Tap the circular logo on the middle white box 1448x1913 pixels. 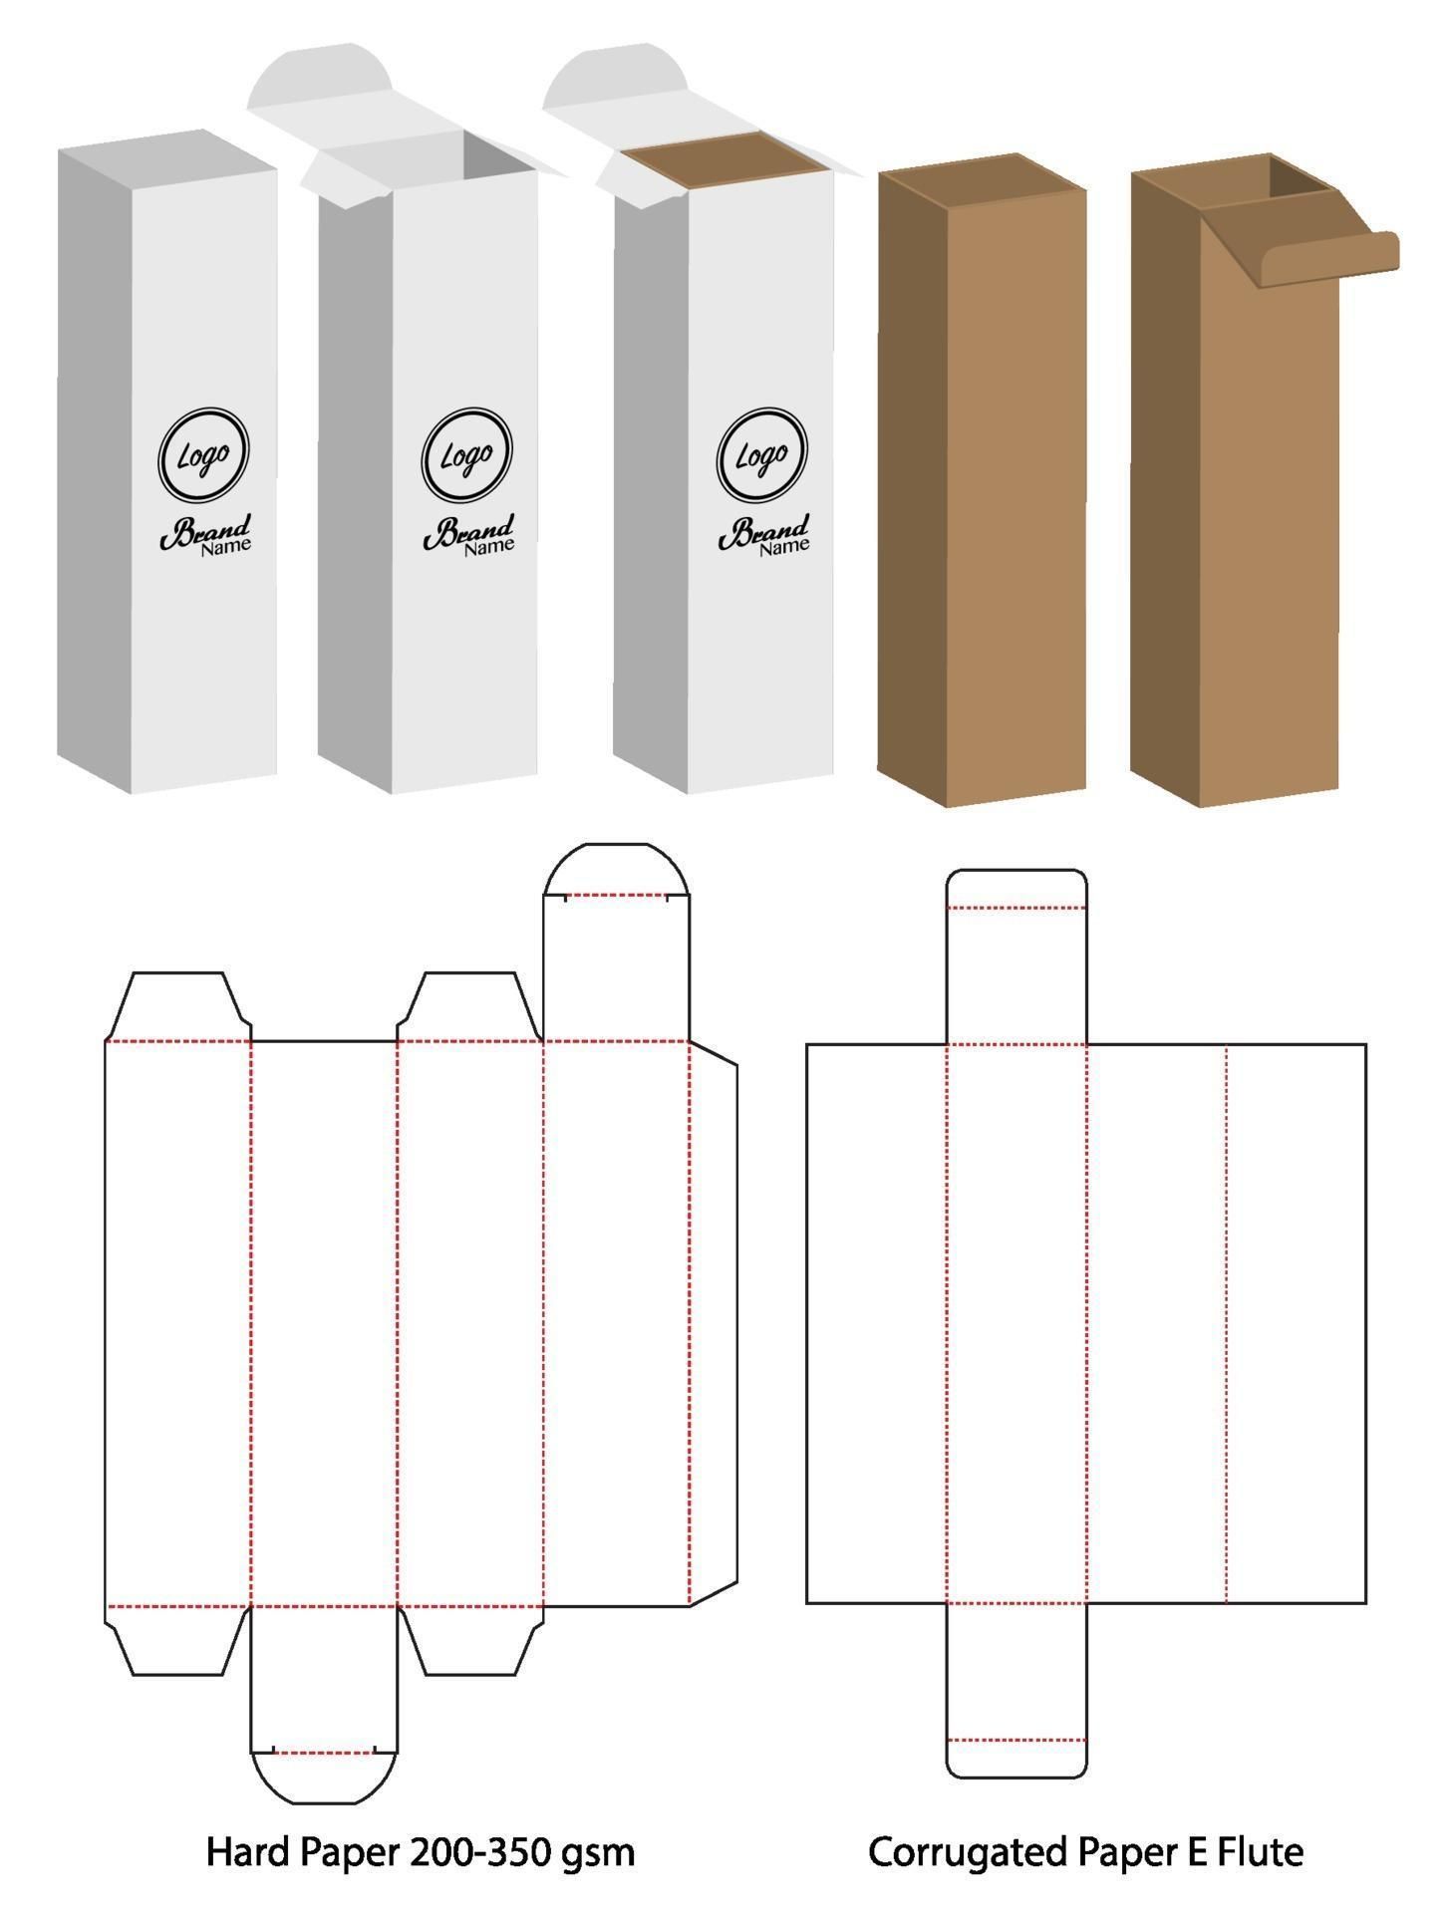(467, 455)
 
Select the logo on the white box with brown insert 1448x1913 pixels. (762, 455)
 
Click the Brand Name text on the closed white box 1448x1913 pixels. (206, 535)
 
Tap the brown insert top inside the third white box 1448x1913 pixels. (728, 162)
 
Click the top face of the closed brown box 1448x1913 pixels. (982, 180)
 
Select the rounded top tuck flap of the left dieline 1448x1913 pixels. (616, 869)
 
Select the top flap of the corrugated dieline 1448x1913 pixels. (1015, 956)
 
